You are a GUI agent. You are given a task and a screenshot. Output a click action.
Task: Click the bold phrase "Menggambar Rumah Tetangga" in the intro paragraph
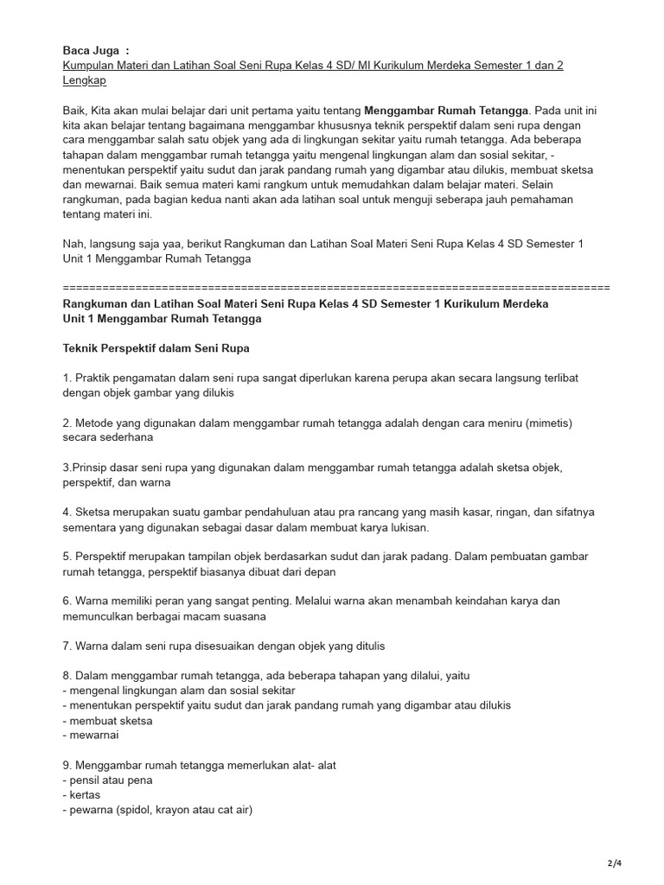click(446, 111)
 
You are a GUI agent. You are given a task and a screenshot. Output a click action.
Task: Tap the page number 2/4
click(615, 863)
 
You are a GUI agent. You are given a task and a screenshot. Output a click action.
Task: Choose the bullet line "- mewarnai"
click(91, 735)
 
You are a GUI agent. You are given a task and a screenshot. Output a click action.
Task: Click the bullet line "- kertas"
click(82, 794)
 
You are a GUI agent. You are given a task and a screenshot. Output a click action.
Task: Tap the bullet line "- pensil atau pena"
click(108, 780)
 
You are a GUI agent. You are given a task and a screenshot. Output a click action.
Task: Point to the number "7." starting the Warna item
click(67, 646)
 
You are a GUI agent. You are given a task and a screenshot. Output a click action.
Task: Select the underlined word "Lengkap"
click(85, 80)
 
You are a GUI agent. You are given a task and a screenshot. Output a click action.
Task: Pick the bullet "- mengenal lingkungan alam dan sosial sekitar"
click(179, 691)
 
